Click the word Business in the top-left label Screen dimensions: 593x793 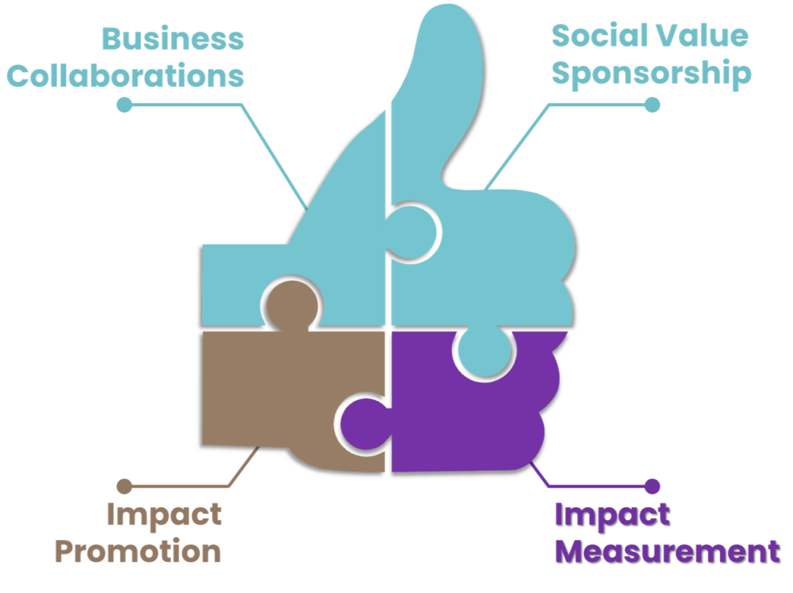(x=173, y=39)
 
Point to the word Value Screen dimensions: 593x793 (x=702, y=36)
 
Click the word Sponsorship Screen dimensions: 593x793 (x=651, y=74)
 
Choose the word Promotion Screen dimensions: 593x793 (x=139, y=551)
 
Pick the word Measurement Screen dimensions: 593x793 (x=667, y=551)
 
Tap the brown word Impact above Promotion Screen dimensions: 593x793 (x=163, y=514)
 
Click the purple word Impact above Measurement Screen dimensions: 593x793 (x=612, y=514)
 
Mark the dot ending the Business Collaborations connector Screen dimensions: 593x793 (x=125, y=105)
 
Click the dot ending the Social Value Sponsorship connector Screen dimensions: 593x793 (x=652, y=105)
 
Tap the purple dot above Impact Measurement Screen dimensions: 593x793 (x=652, y=486)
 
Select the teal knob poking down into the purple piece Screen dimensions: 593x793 (x=482, y=352)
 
